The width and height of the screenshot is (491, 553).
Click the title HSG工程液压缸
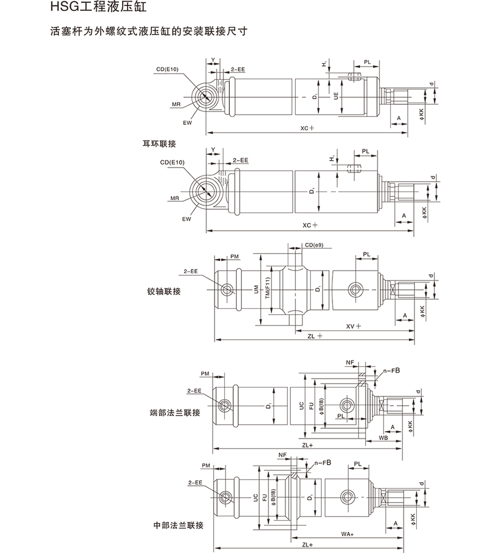97,9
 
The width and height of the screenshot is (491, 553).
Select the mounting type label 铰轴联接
163,292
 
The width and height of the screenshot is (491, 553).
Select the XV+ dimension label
354,326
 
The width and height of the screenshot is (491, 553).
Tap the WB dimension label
383,437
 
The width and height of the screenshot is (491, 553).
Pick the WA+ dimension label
347,535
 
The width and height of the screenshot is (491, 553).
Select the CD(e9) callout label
314,246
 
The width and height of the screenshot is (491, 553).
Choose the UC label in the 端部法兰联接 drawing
302,405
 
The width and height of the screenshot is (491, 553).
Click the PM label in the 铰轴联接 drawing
234,255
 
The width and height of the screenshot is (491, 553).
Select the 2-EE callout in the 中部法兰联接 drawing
194,482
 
